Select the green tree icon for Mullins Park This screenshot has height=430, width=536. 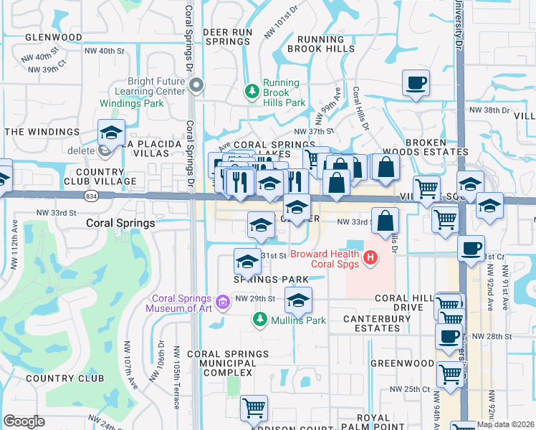tap(262, 319)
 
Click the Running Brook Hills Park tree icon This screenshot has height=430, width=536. tap(252, 91)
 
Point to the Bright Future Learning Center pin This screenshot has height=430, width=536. tap(197, 86)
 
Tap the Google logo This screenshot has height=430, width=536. tap(24, 421)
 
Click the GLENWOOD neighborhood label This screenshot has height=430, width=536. tap(53, 37)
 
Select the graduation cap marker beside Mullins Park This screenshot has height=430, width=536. tap(298, 300)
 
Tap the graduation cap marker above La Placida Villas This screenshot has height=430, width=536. tap(111, 133)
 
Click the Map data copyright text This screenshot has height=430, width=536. tap(505, 424)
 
